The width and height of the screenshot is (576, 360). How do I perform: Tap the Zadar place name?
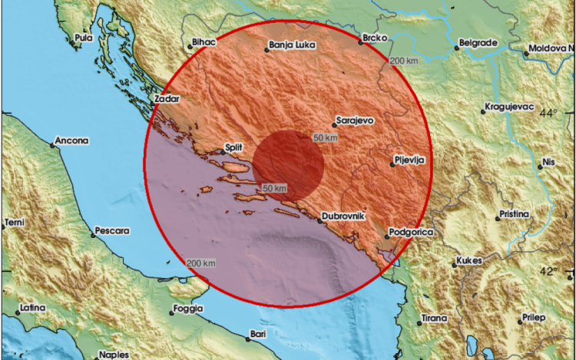click(x=167, y=100)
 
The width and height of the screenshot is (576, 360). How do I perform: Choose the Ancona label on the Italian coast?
click(x=71, y=141)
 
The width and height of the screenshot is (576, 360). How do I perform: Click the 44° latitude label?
click(x=548, y=113)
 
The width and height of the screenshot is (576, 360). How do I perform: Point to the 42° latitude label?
click(x=548, y=271)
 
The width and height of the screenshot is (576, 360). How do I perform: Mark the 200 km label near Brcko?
click(x=405, y=61)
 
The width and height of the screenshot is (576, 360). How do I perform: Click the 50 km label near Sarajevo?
click(x=326, y=137)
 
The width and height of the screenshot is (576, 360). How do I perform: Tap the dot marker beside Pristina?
click(x=498, y=219)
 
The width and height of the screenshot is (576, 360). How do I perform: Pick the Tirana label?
click(x=435, y=318)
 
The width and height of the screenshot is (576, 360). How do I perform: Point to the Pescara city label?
click(x=112, y=230)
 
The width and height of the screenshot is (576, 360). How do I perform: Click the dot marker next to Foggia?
click(x=170, y=312)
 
